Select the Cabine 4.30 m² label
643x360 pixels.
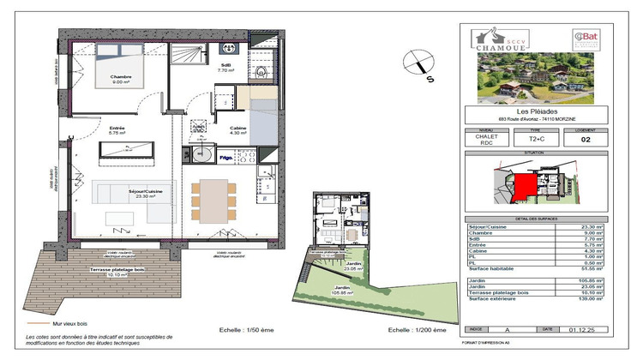pyautogui.click(x=213, y=129)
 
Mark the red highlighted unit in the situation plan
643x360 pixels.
pyautogui.click(x=522, y=186)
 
